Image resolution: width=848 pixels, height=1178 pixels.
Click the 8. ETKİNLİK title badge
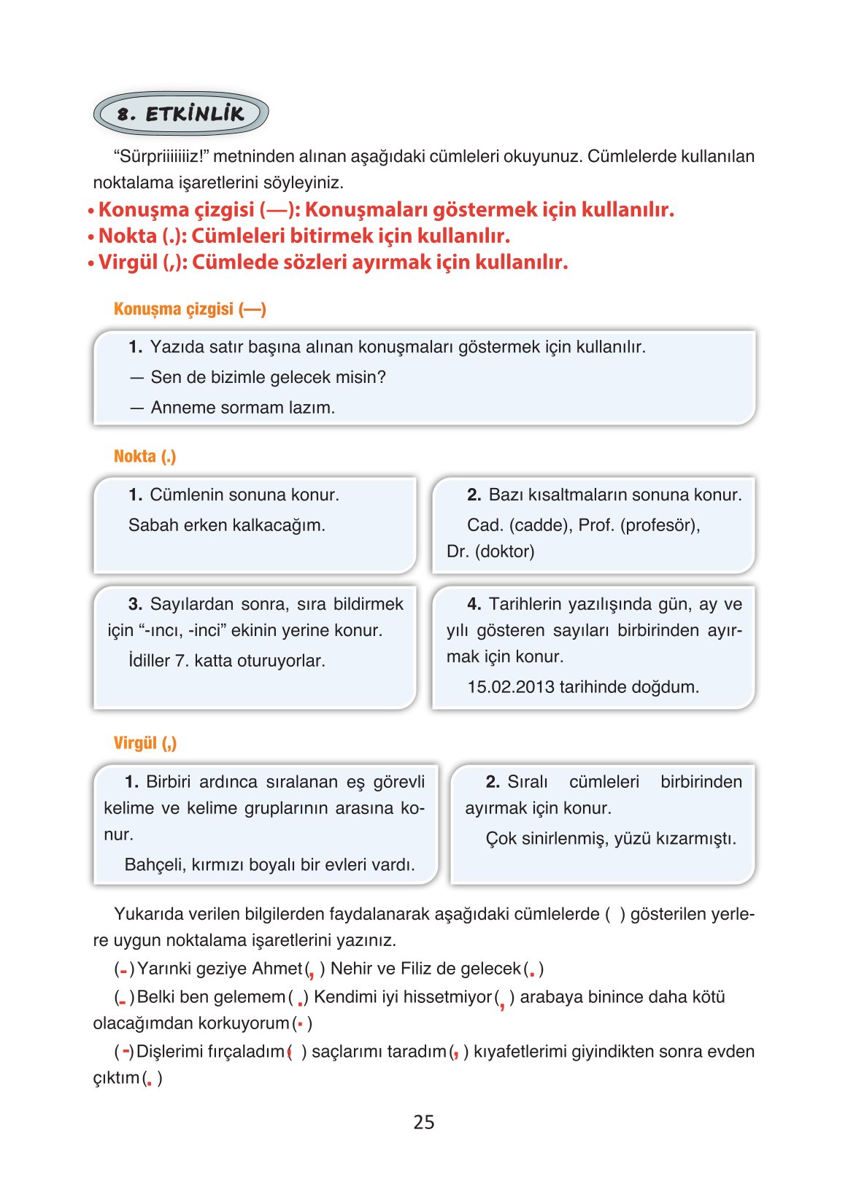tap(180, 114)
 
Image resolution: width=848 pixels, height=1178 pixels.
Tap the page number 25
tap(423, 1122)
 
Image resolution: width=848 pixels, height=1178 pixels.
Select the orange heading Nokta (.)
tap(144, 457)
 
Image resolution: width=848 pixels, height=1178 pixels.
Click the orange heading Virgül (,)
tap(145, 743)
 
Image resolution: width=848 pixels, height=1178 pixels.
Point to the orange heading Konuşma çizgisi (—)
tap(190, 309)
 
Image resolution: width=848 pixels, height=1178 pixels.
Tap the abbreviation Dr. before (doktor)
tap(458, 551)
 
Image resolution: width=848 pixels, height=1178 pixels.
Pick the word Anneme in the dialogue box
tap(183, 408)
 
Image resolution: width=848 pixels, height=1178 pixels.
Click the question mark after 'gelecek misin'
tap(382, 377)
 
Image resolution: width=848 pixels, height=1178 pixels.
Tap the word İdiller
tap(150, 661)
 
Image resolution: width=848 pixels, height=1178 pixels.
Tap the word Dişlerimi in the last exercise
tap(174, 1052)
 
